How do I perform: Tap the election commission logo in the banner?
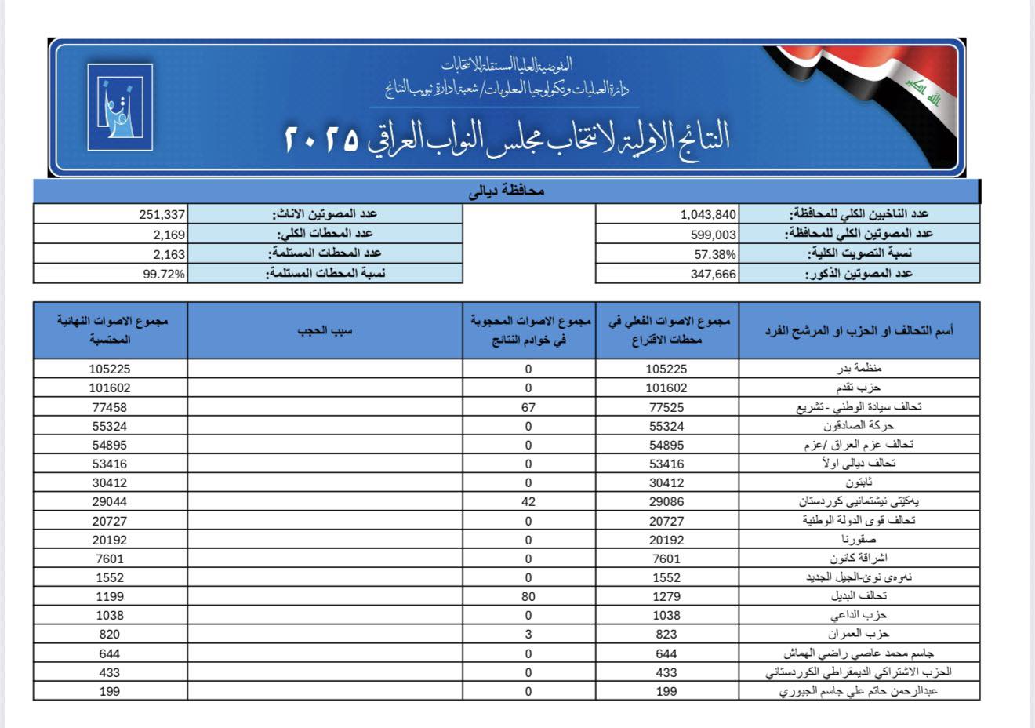pos(119,107)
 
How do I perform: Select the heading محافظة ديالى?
pos(507,191)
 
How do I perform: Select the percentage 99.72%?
pos(164,274)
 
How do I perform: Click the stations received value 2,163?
pos(169,254)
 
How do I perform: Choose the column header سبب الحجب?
pos(325,330)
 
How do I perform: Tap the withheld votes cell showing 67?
pos(528,407)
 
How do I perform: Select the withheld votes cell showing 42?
pos(528,502)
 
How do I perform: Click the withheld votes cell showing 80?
pos(528,597)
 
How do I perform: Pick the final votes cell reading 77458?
pos(110,407)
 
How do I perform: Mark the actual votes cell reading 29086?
pos(666,502)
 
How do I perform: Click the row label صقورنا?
pos(859,540)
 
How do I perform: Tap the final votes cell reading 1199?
pos(110,597)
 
